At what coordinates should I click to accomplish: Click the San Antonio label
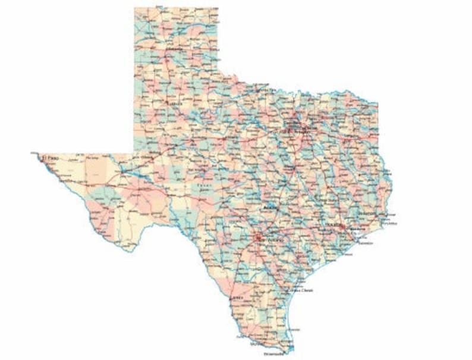click(x=265, y=238)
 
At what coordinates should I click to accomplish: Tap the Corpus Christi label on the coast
click(x=300, y=290)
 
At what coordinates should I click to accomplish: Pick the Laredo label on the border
click(x=237, y=296)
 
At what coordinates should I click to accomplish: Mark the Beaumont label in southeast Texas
click(x=369, y=213)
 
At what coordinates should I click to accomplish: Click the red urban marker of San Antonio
click(x=257, y=238)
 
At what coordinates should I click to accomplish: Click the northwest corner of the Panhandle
click(x=134, y=8)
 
